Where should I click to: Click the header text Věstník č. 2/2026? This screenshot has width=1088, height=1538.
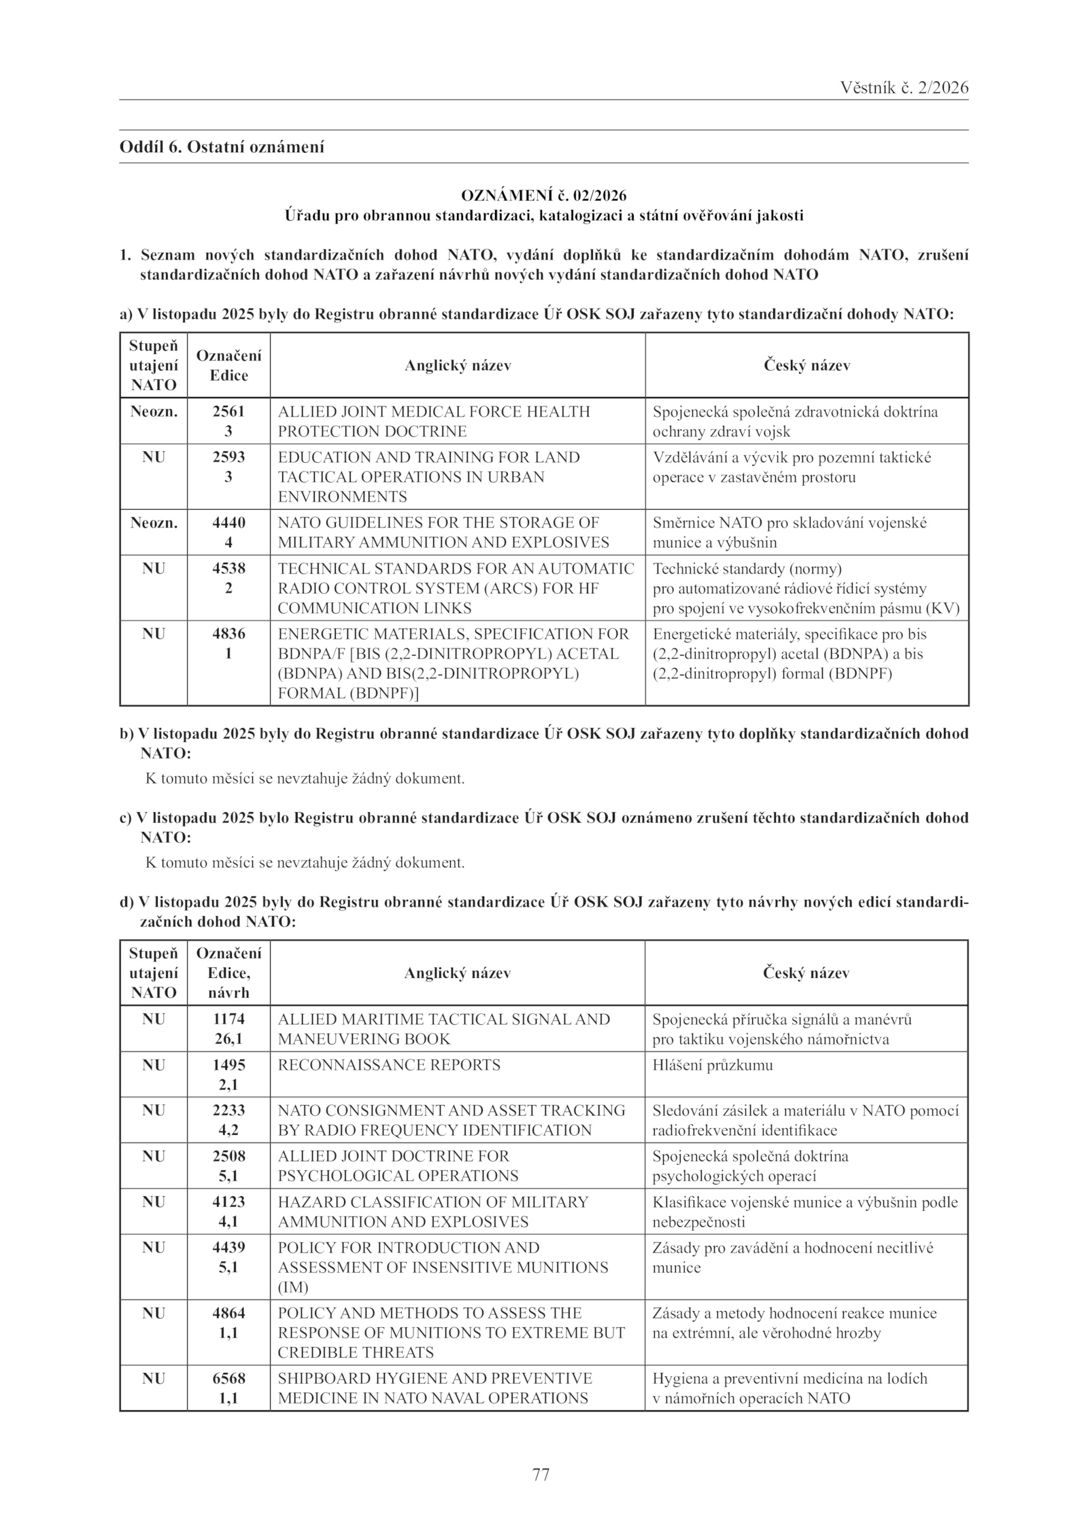(904, 88)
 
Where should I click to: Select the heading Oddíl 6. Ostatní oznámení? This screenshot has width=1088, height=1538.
(222, 146)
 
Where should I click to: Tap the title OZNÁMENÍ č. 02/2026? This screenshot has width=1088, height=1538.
(543, 196)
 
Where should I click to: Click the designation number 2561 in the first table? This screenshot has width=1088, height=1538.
(228, 412)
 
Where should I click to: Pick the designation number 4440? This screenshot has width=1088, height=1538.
(228, 523)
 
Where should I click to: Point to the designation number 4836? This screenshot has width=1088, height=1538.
(228, 634)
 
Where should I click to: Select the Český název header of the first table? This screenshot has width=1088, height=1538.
(806, 366)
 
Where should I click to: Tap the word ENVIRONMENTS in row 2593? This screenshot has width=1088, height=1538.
(343, 497)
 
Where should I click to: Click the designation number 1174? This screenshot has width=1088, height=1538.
(228, 1019)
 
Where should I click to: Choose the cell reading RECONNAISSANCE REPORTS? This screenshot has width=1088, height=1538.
(389, 1065)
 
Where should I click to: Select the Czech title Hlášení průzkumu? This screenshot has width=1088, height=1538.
(713, 1065)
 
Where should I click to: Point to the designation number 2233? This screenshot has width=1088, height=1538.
(228, 1111)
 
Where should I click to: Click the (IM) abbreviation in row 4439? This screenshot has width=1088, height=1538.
(293, 1288)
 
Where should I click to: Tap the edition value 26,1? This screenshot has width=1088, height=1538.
(228, 1039)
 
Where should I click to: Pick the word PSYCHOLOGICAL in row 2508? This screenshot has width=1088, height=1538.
(337, 1176)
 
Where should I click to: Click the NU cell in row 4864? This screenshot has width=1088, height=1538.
(154, 1314)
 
